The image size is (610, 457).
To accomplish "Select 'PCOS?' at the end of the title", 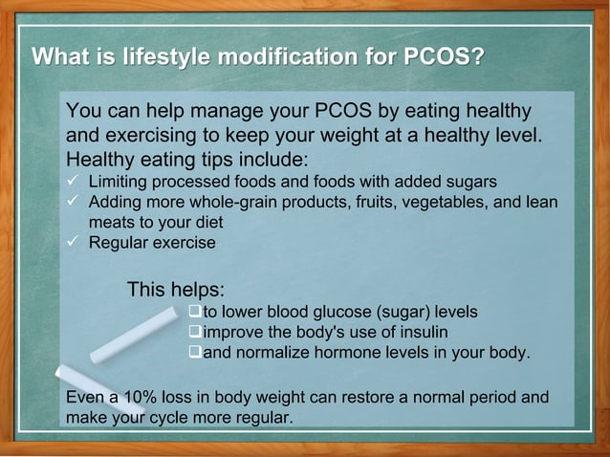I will [x=438, y=55].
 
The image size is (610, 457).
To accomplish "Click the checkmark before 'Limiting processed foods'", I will [x=72, y=181].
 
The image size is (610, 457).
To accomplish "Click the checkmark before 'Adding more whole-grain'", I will [x=72, y=202].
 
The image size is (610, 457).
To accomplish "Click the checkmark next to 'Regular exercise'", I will [x=72, y=243].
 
